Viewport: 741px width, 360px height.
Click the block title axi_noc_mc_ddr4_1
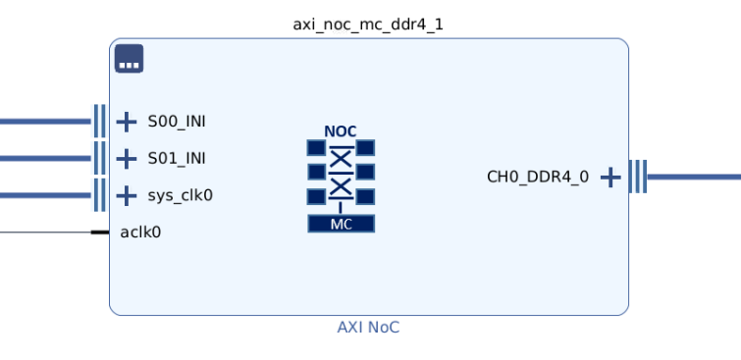click(368, 25)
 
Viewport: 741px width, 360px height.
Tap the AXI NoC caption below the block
click(368, 327)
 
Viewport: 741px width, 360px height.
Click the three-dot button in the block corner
click(129, 59)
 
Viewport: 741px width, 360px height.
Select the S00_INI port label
click(177, 122)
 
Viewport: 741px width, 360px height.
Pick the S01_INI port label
click(177, 159)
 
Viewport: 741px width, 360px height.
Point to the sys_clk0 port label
click(180, 195)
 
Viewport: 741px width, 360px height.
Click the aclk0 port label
click(140, 232)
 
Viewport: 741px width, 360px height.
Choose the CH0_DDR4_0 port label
click(538, 178)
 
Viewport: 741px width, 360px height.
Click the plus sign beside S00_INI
click(127, 122)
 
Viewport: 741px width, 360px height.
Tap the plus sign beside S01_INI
click(127, 159)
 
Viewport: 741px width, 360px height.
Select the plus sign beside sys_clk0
click(127, 195)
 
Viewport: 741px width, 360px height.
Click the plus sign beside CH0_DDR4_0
click(610, 178)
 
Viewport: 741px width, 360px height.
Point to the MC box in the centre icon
click(342, 224)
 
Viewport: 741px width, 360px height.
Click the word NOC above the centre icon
click(341, 131)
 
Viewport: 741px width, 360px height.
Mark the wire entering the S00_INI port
click(45, 122)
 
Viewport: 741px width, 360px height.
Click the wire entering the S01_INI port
click(45, 158)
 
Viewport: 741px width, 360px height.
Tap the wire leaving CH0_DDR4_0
click(694, 177)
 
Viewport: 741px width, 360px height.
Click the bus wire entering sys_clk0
click(45, 195)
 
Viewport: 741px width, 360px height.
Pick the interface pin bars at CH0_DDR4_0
click(638, 177)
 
